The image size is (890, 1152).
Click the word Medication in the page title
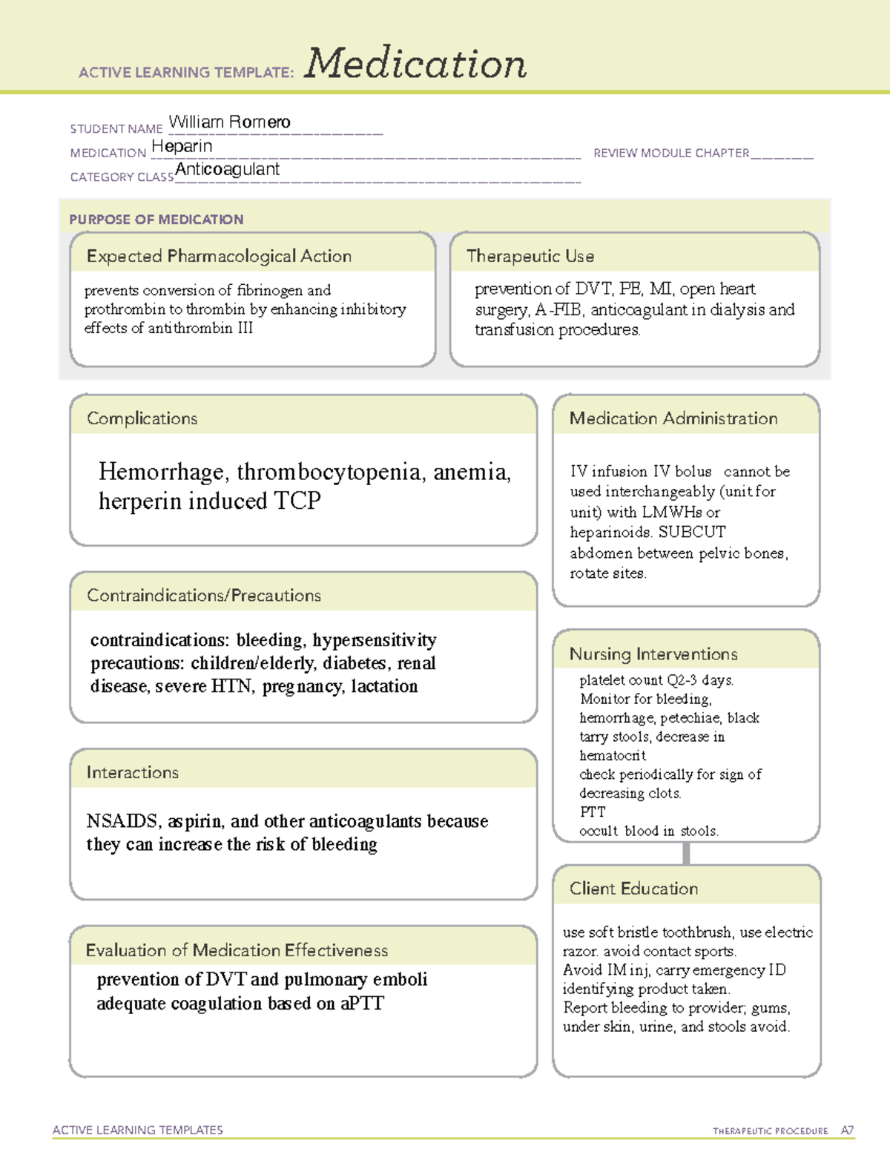(x=415, y=64)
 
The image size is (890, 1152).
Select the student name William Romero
(x=229, y=122)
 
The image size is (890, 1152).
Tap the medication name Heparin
(x=182, y=147)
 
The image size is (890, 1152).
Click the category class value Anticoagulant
(x=227, y=170)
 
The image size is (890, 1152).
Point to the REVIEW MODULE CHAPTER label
(x=670, y=154)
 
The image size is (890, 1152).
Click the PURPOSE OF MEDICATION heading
(x=156, y=220)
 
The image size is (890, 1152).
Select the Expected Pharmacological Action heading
(x=219, y=257)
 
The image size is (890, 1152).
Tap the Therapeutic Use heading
(x=530, y=257)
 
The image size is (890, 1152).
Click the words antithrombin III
(x=200, y=328)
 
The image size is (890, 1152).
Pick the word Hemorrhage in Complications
(x=161, y=472)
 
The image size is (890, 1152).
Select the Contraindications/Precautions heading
(x=203, y=596)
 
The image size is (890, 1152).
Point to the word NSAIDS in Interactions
(x=122, y=821)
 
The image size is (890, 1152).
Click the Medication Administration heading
(x=673, y=419)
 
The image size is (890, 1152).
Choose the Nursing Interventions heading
(x=653, y=654)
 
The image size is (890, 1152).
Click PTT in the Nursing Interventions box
(x=593, y=812)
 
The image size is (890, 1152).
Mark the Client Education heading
(x=633, y=889)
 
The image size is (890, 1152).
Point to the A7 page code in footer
(x=847, y=1130)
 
